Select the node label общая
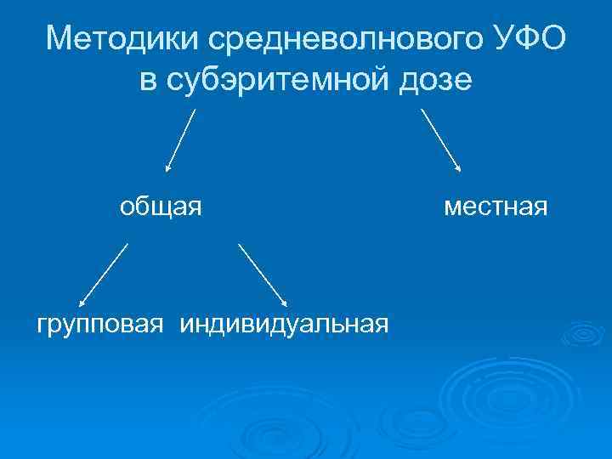coord(160,207)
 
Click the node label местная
coord(495,207)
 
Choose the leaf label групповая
coord(99,323)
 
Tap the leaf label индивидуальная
coord(284,323)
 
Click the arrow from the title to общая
coord(181,140)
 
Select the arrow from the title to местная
coord(441,140)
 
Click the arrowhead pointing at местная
coord(459,170)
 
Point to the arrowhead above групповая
coord(81,303)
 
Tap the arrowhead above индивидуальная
coord(285,303)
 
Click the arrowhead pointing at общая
coord(167,169)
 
